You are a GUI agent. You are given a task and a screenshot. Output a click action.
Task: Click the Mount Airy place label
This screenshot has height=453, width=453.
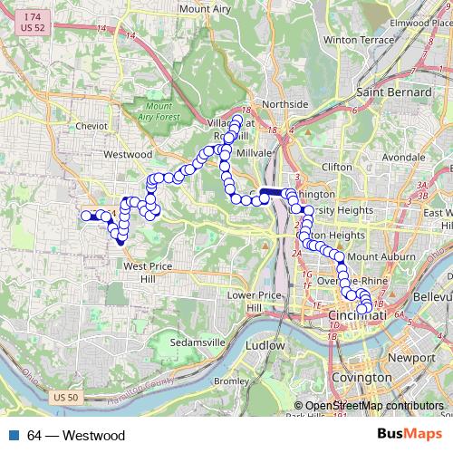point(206,8)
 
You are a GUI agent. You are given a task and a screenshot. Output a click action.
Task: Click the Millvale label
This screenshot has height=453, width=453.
point(247,154)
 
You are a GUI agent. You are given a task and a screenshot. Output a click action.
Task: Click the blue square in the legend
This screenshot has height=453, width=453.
point(14,436)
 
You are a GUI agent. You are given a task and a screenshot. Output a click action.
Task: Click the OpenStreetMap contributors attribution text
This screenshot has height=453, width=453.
point(373,406)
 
